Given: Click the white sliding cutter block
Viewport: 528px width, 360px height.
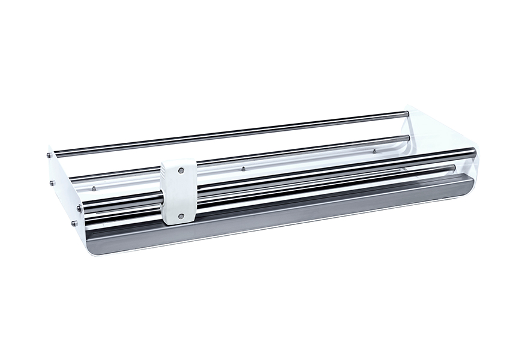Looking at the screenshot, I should click(x=180, y=191).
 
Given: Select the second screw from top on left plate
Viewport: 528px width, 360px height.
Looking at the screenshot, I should click(x=52, y=183).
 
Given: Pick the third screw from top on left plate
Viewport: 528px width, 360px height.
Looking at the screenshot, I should click(x=79, y=208).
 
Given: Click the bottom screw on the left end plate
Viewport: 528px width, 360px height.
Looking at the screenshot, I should click(x=74, y=224).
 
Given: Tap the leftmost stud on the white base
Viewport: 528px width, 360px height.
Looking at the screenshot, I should click(x=94, y=188).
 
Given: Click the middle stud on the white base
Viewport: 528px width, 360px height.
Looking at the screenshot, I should click(x=243, y=169).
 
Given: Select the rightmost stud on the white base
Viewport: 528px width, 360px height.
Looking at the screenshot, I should click(x=374, y=151).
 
